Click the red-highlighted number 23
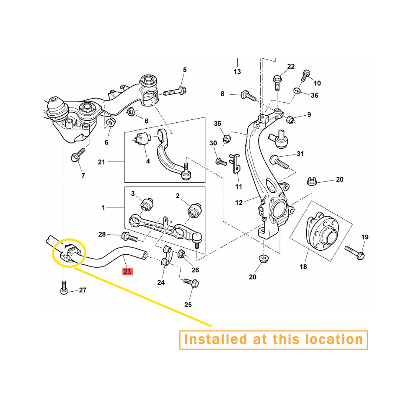(x=127, y=272)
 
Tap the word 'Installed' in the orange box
(x=216, y=339)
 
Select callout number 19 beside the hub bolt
(x=365, y=237)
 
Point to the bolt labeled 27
(x=64, y=287)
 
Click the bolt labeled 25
(x=191, y=282)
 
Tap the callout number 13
(x=237, y=72)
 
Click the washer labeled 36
(x=297, y=91)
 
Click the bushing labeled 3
(x=147, y=204)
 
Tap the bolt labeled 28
(x=129, y=236)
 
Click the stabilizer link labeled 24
(x=166, y=255)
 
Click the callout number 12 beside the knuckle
(x=239, y=202)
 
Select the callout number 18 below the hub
(x=303, y=266)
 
